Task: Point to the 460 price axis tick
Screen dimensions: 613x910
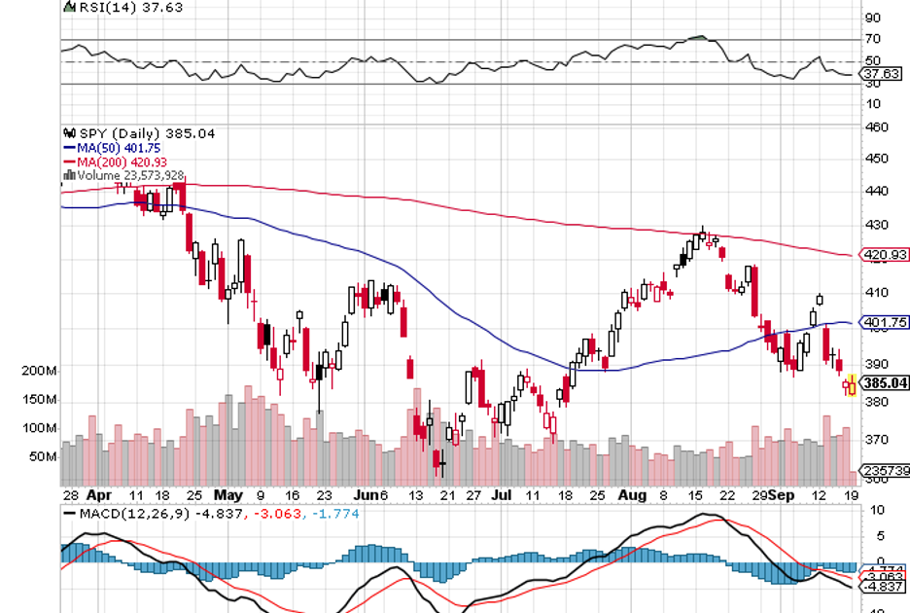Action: pos(876,127)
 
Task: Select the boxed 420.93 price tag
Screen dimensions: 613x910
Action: pos(886,257)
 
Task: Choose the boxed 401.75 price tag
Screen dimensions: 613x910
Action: pos(886,322)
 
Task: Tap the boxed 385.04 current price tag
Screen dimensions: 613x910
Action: pos(886,383)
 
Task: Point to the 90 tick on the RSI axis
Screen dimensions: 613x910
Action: pos(872,18)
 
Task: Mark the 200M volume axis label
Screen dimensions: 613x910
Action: pos(39,371)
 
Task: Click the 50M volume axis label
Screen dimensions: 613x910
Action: pos(43,455)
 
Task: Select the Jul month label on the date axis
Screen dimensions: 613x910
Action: pos(504,494)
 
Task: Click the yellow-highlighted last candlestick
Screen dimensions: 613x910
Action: pos(853,384)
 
